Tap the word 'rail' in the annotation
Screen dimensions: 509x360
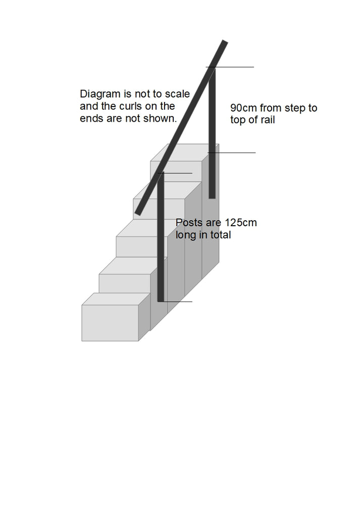(x=267, y=120)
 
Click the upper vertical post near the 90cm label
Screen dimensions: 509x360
(x=212, y=131)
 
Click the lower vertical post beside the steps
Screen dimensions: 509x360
(x=161, y=237)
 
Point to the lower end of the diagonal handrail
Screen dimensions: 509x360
(x=138, y=212)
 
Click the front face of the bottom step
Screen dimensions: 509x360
(x=110, y=323)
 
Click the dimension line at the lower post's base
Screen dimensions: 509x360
(x=179, y=302)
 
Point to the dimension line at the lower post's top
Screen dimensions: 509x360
(x=179, y=174)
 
